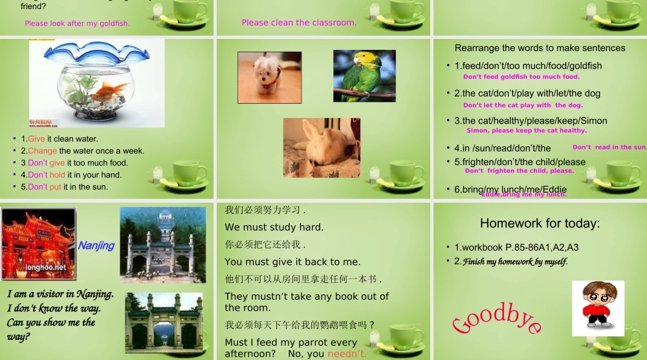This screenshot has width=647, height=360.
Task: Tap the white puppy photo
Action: [x=269, y=76]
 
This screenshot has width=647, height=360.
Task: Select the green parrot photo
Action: [x=364, y=76]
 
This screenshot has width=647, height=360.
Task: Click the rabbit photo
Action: [x=322, y=148]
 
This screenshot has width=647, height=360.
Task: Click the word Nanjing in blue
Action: [x=96, y=245]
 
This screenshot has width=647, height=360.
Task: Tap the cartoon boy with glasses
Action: [x=598, y=308]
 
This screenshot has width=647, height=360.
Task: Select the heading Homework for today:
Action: [x=540, y=223]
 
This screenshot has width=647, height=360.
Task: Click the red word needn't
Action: [x=347, y=354]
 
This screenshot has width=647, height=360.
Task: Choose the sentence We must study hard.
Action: [x=274, y=227]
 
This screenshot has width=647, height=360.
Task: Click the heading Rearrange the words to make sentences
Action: [x=540, y=48]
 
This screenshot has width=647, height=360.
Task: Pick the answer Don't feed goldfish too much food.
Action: [x=521, y=77]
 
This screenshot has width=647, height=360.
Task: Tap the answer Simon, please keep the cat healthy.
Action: [x=526, y=130]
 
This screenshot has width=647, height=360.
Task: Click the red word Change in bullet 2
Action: [x=43, y=151]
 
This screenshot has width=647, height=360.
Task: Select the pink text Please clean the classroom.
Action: [x=299, y=23]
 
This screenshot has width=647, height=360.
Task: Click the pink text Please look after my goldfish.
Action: [x=77, y=23]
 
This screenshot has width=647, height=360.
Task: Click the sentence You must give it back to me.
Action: [x=292, y=262]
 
